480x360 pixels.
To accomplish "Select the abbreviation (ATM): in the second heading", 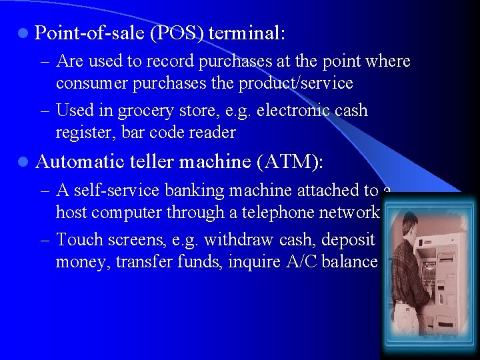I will click(x=293, y=161).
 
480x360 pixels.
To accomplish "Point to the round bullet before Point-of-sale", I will click(x=23, y=32).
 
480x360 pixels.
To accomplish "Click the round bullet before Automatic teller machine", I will click(x=23, y=161).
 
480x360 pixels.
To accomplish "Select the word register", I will click(x=85, y=132).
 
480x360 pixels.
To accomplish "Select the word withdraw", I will click(x=235, y=239).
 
